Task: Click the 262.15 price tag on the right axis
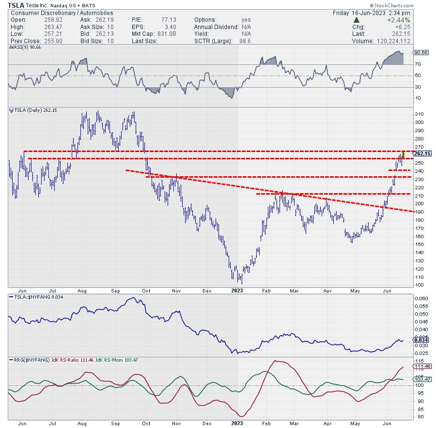[422, 153]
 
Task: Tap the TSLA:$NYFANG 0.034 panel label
[36, 298]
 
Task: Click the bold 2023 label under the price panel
[237, 290]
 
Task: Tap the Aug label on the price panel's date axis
[81, 290]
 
